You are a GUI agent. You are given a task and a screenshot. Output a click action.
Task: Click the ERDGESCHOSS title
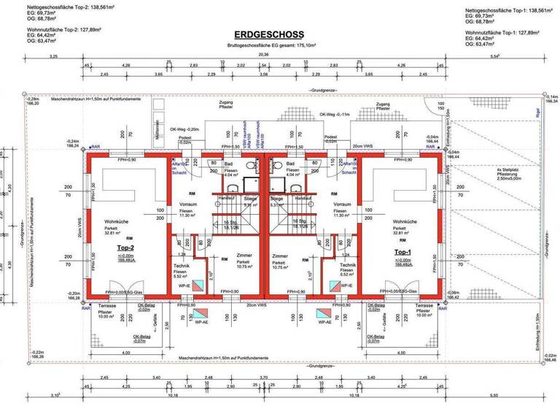pos(269,34)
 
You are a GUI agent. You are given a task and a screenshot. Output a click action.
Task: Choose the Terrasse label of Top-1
pos(424,305)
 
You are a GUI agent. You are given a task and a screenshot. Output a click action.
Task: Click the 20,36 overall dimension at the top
pos(263,55)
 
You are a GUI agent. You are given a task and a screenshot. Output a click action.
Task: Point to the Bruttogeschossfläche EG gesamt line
pos(269,45)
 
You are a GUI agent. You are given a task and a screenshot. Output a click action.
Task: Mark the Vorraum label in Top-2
pos(178,204)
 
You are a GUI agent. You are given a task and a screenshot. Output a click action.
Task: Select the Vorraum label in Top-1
pos(343,204)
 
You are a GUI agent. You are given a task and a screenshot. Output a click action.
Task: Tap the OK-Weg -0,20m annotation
pos(184,129)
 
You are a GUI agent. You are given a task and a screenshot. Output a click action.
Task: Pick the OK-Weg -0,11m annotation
pos(335,115)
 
